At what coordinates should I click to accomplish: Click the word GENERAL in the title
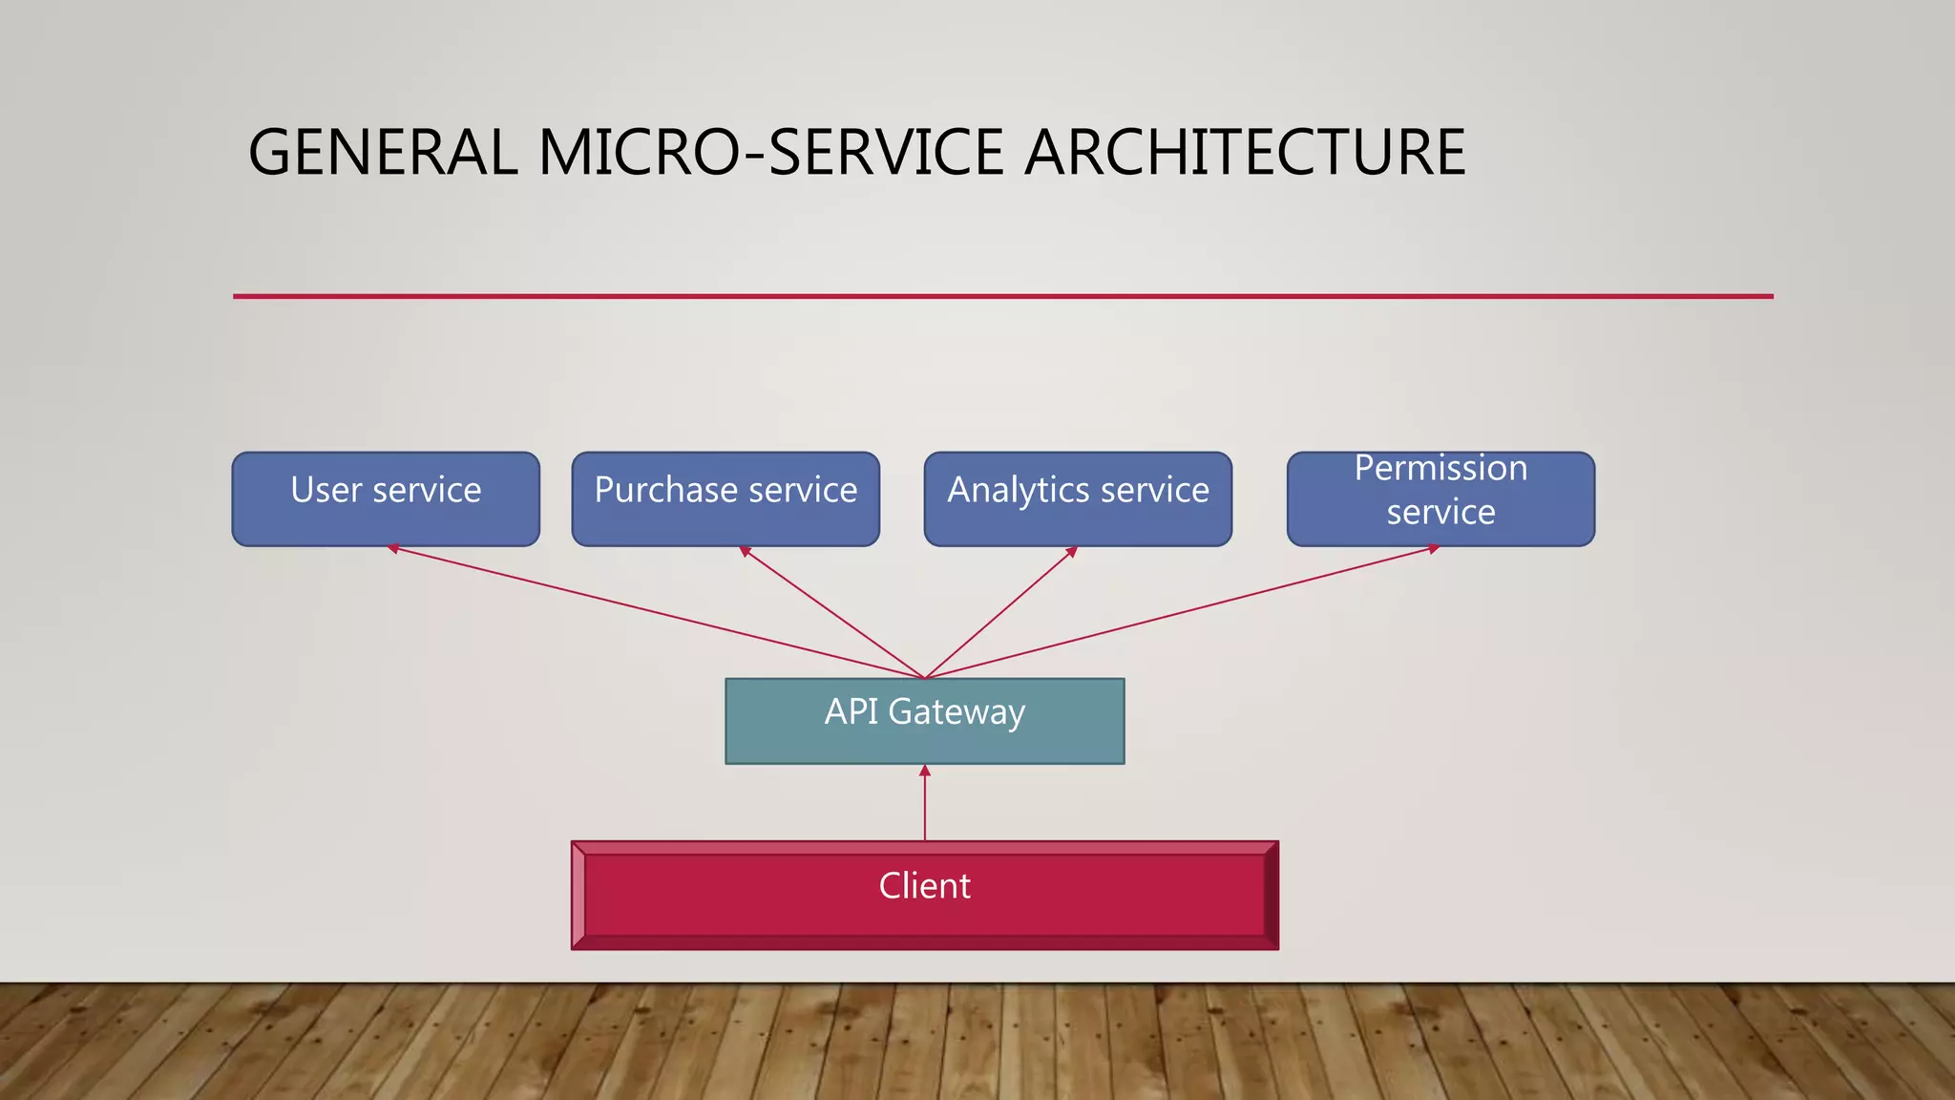click(x=383, y=153)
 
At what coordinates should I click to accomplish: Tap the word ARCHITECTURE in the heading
click(x=1245, y=153)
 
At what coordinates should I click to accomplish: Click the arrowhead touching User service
click(x=392, y=548)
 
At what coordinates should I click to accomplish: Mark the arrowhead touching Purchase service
click(x=745, y=551)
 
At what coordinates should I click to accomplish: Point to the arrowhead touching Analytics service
click(x=1072, y=551)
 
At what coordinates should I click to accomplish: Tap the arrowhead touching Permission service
click(x=1434, y=548)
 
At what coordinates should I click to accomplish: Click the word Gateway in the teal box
click(x=956, y=712)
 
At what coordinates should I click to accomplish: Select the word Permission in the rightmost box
click(x=1440, y=468)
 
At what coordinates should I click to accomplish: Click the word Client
click(x=924, y=886)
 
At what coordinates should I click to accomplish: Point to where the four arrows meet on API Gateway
click(x=924, y=678)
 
